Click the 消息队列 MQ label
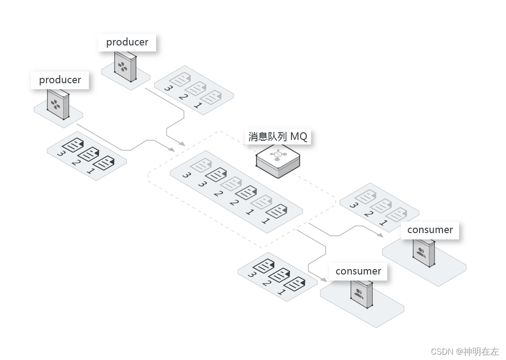[278, 136]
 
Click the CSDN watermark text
[465, 351]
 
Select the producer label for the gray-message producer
[127, 42]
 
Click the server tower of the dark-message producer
[58, 104]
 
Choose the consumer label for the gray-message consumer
[430, 230]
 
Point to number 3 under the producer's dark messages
[61, 154]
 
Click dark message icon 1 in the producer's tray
[103, 162]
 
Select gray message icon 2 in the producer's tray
[195, 88]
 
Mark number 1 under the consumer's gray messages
[383, 222]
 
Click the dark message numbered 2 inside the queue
[246, 193]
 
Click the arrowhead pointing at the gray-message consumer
[381, 235]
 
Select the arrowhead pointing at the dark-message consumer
[324, 280]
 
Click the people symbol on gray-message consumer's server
[421, 253]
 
